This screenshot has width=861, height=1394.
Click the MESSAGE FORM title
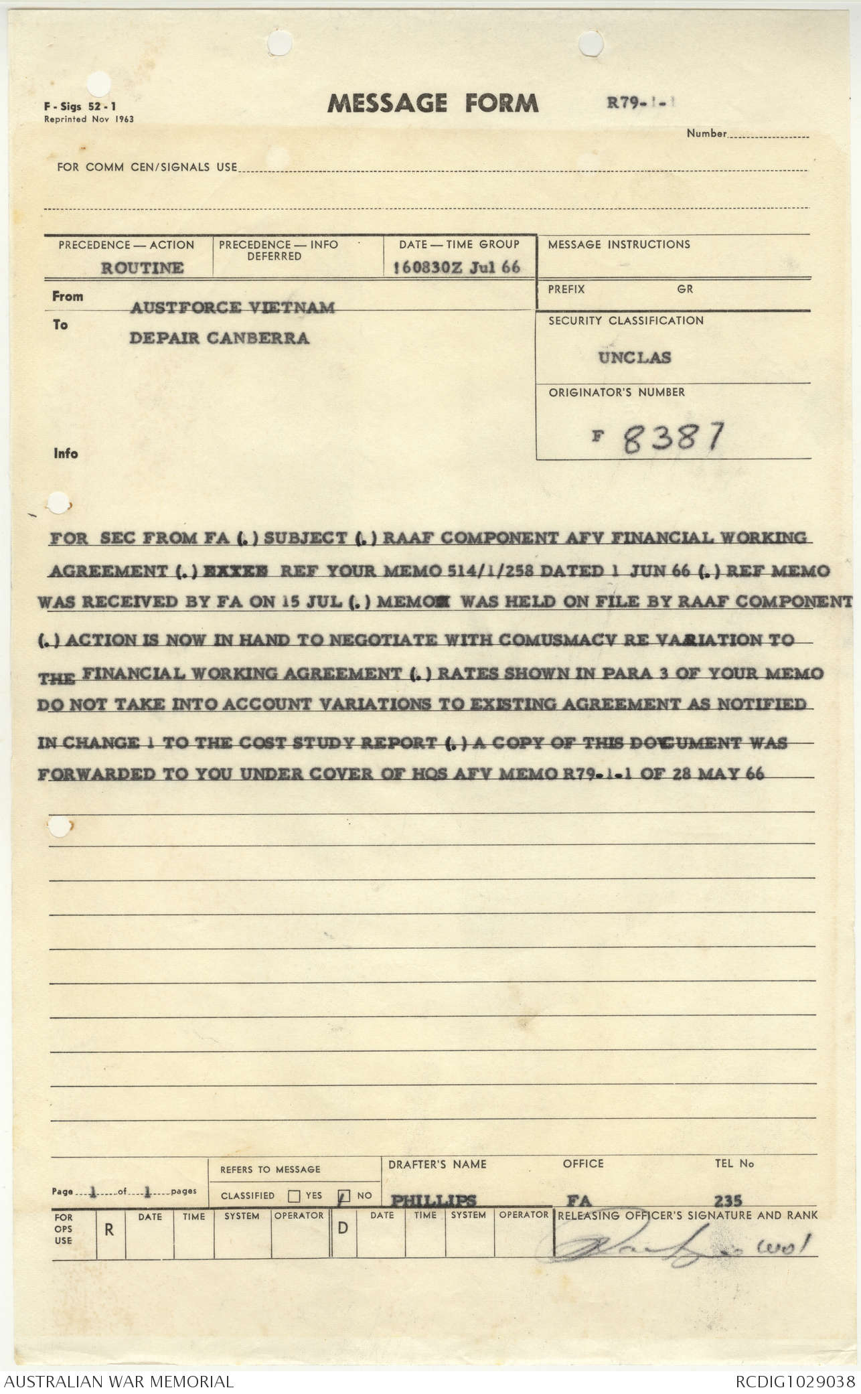[433, 103]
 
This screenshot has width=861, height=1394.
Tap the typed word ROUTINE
[142, 268]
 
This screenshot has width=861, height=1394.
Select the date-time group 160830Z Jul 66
[458, 267]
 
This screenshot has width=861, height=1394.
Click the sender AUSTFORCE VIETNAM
[232, 307]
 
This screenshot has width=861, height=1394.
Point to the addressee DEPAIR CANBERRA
[219, 338]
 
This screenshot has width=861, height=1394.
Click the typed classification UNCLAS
[634, 358]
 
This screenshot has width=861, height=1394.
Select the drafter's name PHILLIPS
[433, 1200]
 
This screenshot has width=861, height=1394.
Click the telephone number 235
[728, 1200]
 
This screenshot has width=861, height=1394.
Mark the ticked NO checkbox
[345, 1196]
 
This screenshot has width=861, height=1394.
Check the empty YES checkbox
[293, 1196]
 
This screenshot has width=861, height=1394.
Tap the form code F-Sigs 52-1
[80, 106]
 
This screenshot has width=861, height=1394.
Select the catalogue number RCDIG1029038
[795, 1381]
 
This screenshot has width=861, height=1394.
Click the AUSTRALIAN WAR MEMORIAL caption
[119, 1381]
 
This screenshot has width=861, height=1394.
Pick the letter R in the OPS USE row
[109, 1230]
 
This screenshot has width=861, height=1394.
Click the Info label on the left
[66, 453]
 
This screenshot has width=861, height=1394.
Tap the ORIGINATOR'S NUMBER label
[617, 392]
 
